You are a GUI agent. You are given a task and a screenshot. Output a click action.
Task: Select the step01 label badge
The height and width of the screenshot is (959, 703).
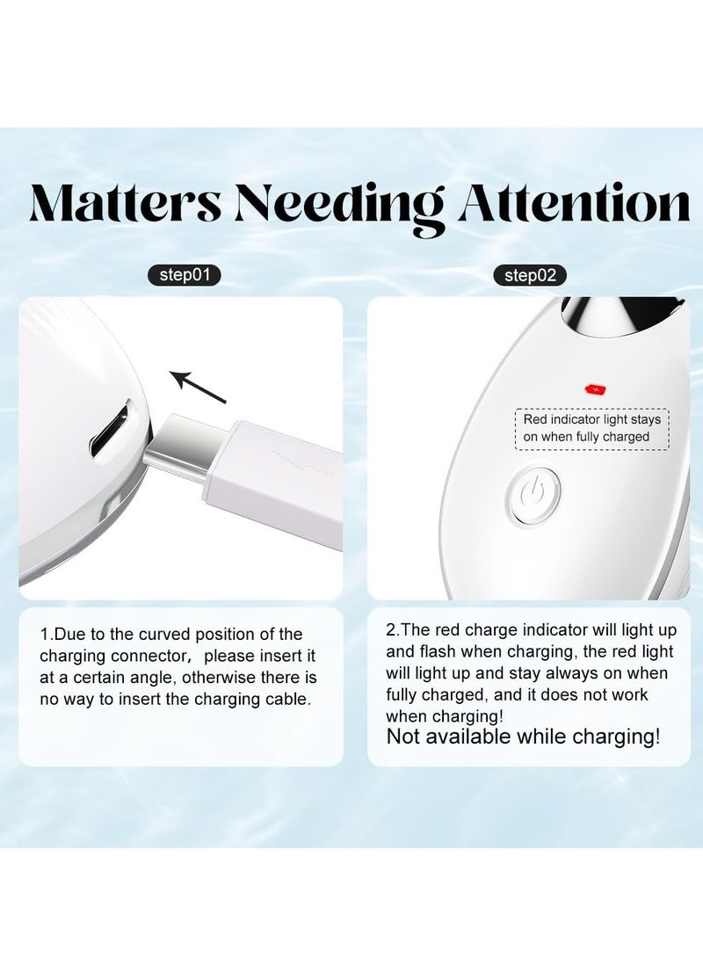(184, 275)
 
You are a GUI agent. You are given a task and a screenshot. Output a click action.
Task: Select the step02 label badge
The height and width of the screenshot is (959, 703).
(530, 275)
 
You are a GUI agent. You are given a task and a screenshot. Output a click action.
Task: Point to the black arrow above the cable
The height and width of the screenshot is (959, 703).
(197, 388)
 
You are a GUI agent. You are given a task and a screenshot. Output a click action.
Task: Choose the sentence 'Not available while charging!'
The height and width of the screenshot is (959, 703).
(523, 737)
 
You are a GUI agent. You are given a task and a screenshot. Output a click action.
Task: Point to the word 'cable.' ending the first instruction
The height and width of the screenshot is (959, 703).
(286, 700)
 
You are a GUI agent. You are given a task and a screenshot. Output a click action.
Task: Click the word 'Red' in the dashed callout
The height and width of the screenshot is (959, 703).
(534, 420)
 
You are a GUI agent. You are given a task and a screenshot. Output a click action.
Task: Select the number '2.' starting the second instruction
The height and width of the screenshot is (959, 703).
(392, 629)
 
